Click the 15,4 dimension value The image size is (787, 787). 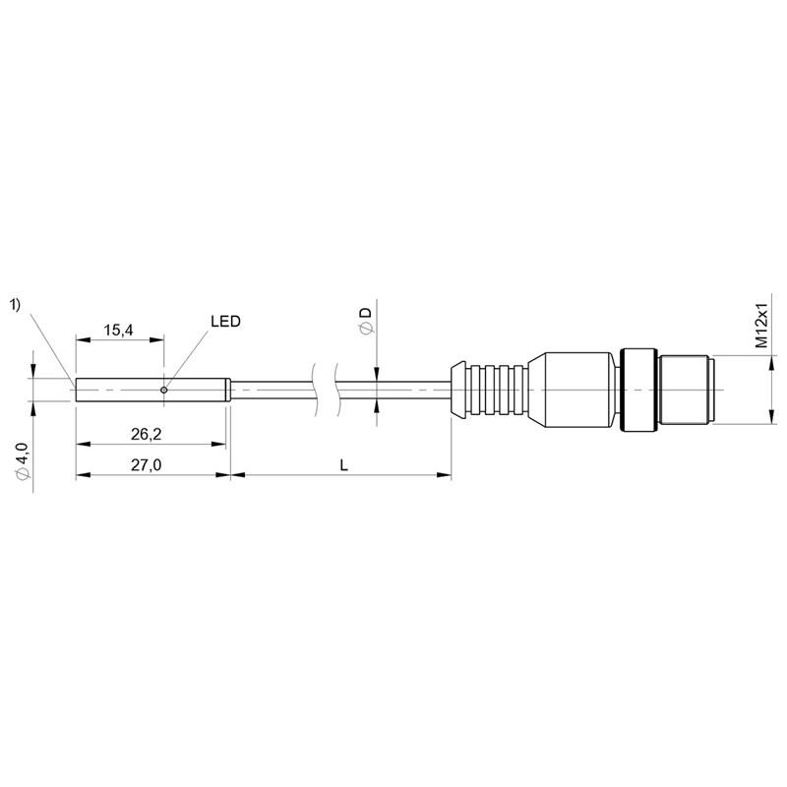[x=118, y=330]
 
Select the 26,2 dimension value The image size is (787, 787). [x=146, y=434]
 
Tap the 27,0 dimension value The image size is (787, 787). [x=146, y=465]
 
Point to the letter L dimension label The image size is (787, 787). [x=343, y=465]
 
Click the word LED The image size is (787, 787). [x=225, y=322]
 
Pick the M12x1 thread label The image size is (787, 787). [x=762, y=326]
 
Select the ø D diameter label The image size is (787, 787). [x=366, y=321]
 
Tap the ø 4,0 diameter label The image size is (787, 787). [x=23, y=461]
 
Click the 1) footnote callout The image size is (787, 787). [x=16, y=305]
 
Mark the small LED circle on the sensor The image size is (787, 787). [x=163, y=390]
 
